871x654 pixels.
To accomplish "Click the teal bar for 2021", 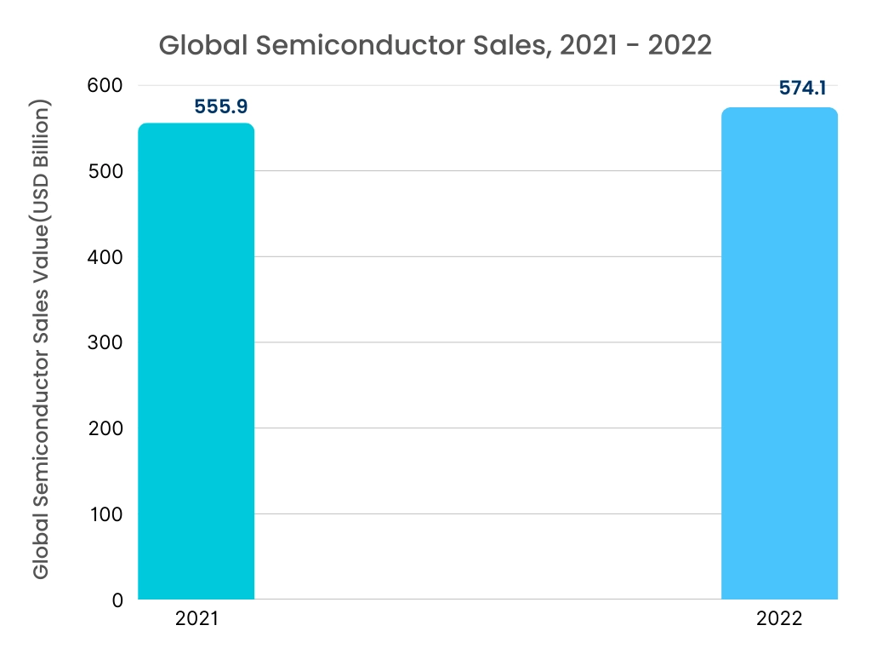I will pyautogui.click(x=196, y=362).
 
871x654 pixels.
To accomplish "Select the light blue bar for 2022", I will pyautogui.click(x=779, y=354).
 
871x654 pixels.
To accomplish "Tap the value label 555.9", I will pyautogui.click(x=220, y=107).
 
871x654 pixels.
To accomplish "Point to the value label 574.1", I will pyautogui.click(x=803, y=89).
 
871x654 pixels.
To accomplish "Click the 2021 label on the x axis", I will pyautogui.click(x=196, y=619).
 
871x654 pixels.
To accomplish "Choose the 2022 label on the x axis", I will pyautogui.click(x=779, y=619).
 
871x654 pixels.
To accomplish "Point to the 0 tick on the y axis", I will pyautogui.click(x=117, y=600).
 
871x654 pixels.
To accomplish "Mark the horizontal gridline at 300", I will pyautogui.click(x=485, y=342).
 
